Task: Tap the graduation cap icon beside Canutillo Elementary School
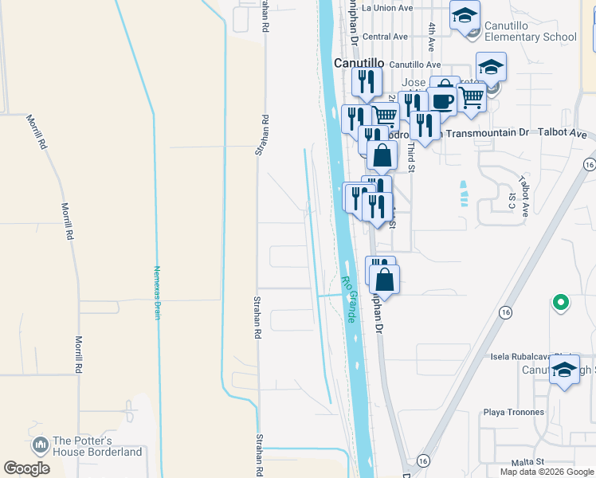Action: (465, 16)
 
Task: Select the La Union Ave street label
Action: (387, 8)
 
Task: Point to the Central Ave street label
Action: (385, 37)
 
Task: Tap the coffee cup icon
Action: (442, 101)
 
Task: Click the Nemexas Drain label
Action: (158, 292)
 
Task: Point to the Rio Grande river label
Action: (348, 300)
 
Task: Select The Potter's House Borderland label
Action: (97, 446)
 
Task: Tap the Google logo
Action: (27, 468)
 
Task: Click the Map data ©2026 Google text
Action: (547, 472)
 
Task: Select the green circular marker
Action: (560, 303)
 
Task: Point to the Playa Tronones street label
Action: (514, 412)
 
